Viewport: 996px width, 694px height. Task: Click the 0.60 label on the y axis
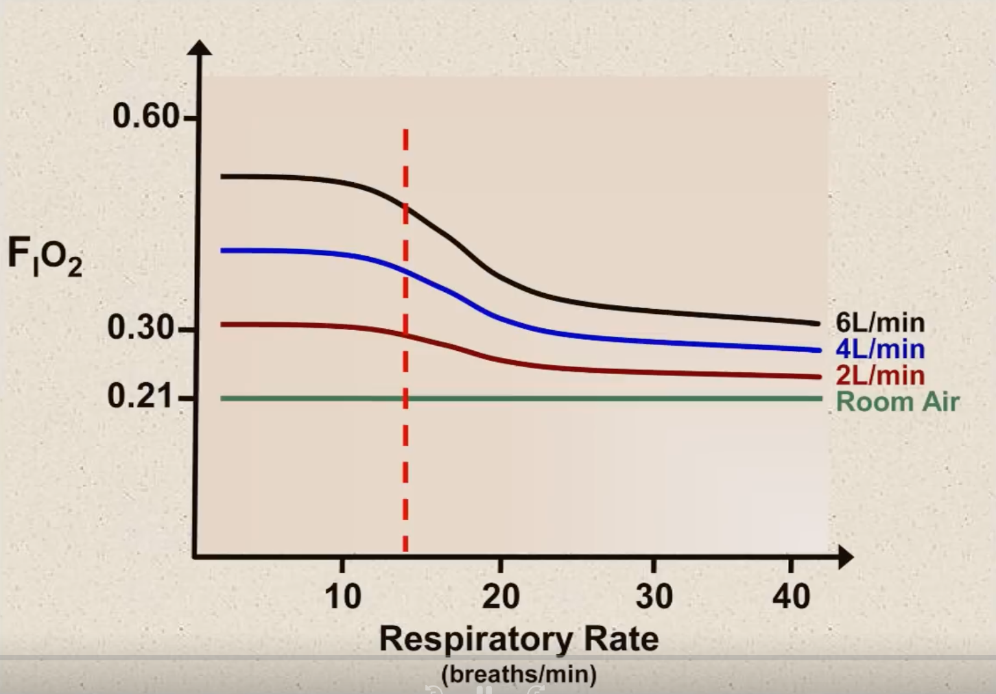click(x=146, y=117)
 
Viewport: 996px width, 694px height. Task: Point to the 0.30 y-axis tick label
click(x=141, y=328)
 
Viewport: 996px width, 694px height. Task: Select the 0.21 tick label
click(x=141, y=396)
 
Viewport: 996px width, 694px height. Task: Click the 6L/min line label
click(x=880, y=323)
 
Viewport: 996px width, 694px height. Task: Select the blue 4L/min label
click(x=880, y=350)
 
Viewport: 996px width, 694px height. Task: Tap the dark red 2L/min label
click(x=880, y=376)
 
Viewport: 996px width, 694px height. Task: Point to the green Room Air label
click(x=897, y=402)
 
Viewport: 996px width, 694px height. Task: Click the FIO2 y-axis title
click(x=45, y=257)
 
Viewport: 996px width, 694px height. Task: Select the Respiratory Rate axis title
click(x=519, y=639)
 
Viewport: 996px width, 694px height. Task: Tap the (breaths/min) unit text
click(x=519, y=675)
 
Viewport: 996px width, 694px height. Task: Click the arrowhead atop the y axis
click(x=200, y=48)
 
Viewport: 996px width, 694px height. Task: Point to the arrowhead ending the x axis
click(x=846, y=556)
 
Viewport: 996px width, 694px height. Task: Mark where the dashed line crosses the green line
click(x=405, y=398)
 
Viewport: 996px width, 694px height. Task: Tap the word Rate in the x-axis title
click(x=621, y=639)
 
